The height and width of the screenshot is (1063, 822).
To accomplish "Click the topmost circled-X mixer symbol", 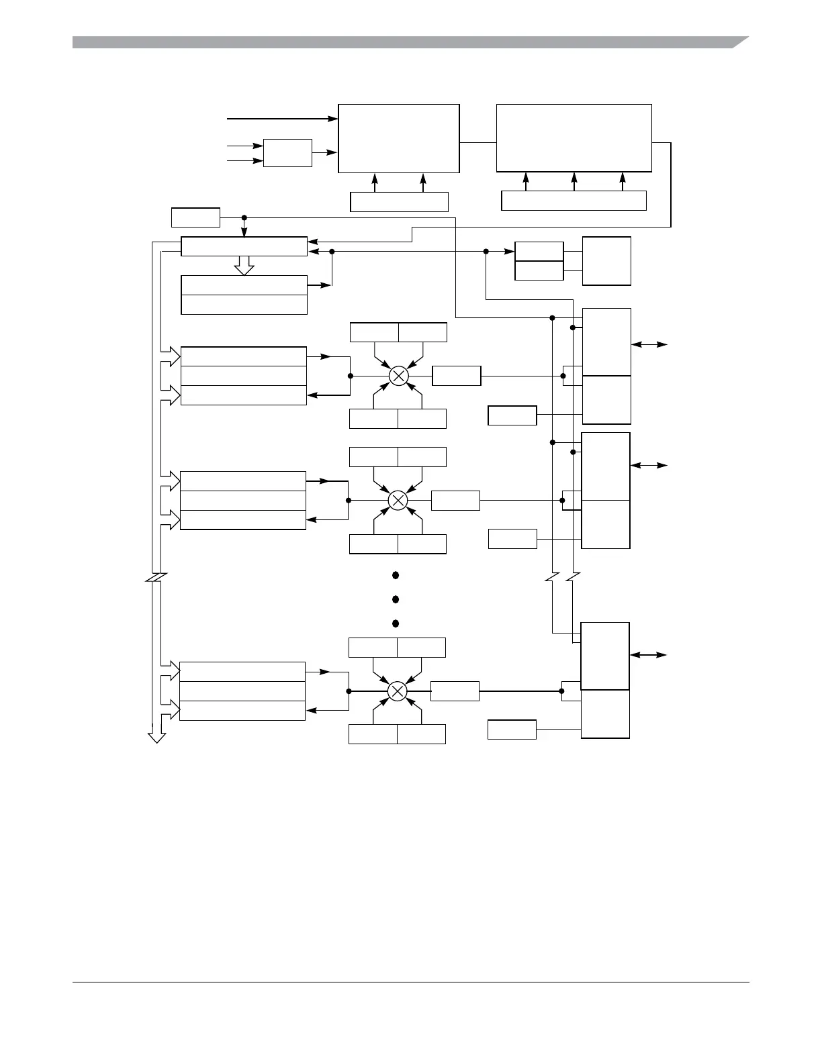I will point(399,376).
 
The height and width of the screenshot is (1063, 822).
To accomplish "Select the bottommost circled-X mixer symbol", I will point(398,691).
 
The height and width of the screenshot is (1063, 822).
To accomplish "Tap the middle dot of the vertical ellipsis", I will point(396,599).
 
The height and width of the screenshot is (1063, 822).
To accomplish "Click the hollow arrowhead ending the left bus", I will point(156,737).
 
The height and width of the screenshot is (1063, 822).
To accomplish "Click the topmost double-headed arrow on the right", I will point(649,344).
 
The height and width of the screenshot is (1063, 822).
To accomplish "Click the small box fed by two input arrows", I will point(287,153).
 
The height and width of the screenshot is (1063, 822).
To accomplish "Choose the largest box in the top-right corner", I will point(574,138).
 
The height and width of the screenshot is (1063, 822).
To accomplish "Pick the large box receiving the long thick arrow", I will point(398,138).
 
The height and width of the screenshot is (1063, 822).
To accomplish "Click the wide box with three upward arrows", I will point(574,201).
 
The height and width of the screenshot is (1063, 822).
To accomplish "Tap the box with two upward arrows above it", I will point(399,201).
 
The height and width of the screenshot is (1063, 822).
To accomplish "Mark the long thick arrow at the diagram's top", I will point(282,119).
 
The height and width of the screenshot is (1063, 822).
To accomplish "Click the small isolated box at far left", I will point(195,217).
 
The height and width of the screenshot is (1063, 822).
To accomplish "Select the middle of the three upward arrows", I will point(574,181).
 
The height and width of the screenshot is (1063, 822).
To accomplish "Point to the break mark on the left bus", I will point(156,578).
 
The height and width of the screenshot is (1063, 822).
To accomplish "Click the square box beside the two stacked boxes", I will point(606,261).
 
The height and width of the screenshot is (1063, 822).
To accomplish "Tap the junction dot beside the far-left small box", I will point(244,217).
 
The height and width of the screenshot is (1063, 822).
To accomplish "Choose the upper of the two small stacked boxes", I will point(539,251).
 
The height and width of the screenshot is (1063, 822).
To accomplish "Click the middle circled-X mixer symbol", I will point(398,500).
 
